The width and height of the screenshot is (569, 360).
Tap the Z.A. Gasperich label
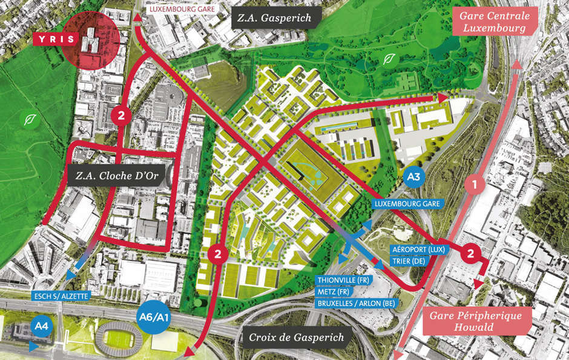point(274,18)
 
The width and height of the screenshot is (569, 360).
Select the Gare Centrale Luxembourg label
point(494,22)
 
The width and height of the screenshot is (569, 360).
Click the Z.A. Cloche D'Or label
point(120,177)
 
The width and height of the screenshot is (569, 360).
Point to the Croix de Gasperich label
point(296,338)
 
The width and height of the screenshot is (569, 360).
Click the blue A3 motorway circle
point(413,177)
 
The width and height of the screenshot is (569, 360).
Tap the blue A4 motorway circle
point(41,327)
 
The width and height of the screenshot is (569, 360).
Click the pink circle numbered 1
point(475,183)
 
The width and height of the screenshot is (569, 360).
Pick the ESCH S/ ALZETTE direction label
point(61,296)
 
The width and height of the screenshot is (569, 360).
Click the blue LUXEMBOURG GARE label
point(407,204)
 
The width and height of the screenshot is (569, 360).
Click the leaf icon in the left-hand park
point(29,120)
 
